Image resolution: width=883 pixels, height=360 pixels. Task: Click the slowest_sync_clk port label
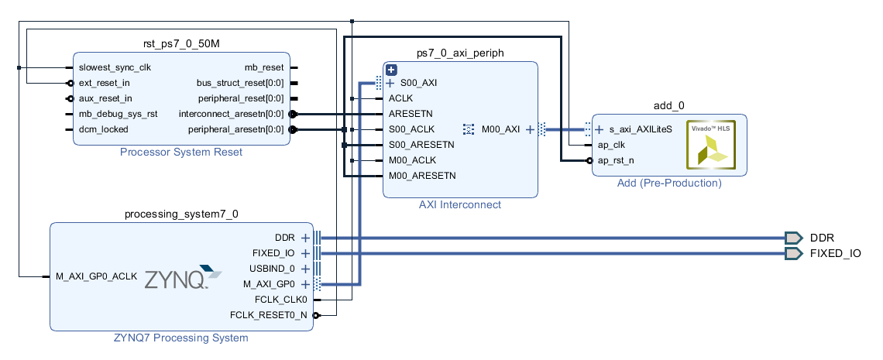[x=115, y=67]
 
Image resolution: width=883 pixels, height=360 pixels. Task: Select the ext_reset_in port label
[x=105, y=83]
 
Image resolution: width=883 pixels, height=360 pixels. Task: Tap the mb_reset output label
[x=264, y=67]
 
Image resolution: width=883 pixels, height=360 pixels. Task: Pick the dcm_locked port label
[x=103, y=129]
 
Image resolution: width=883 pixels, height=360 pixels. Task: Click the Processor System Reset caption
[x=181, y=153]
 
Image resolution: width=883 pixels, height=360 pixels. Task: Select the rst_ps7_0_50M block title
[x=181, y=43]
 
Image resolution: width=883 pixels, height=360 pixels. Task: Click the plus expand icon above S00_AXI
[x=391, y=70]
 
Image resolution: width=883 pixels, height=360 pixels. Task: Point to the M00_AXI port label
[x=500, y=129]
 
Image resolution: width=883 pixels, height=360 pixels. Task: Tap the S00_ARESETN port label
[x=421, y=145]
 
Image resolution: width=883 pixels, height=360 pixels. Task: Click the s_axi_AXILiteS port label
[x=640, y=129]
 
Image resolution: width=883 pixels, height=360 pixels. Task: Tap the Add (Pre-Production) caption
[x=669, y=183]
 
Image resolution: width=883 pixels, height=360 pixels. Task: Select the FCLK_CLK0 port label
[x=281, y=300]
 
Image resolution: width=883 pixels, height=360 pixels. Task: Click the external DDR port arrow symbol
[x=793, y=238]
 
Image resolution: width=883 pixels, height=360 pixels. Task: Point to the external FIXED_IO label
[x=835, y=253]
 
